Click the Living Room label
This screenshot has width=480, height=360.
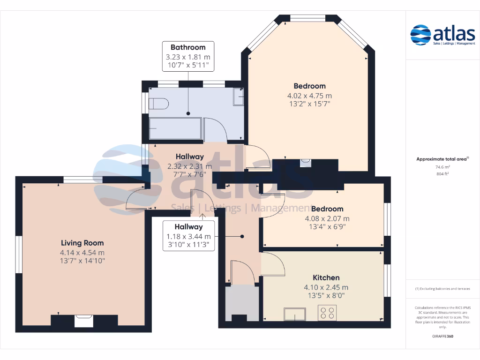pyautogui.click(x=82, y=243)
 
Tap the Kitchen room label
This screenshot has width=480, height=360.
pyautogui.click(x=326, y=277)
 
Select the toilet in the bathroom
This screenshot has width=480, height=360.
pyautogui.click(x=158, y=104)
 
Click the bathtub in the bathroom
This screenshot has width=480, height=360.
pyautogui.click(x=175, y=128)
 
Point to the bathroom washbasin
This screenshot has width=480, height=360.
pyautogui.click(x=239, y=97)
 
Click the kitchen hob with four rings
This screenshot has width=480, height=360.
pyautogui.click(x=327, y=313)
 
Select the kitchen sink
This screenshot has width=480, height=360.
pyautogui.click(x=295, y=314)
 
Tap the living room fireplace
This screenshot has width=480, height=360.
pyautogui.click(x=83, y=321)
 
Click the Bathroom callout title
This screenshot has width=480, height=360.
pyautogui.click(x=188, y=47)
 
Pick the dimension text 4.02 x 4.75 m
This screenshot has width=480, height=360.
pyautogui.click(x=309, y=96)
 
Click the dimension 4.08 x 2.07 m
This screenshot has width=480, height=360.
pyautogui.click(x=327, y=218)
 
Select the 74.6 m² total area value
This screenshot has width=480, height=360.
pyautogui.click(x=442, y=167)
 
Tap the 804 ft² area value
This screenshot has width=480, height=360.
pyautogui.click(x=442, y=174)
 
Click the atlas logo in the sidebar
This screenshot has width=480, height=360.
pyautogui.click(x=442, y=35)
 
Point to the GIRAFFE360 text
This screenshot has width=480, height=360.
pyautogui.click(x=442, y=336)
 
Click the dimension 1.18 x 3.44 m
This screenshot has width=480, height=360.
pyautogui.click(x=188, y=237)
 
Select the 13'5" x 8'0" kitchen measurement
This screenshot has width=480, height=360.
pyautogui.click(x=326, y=295)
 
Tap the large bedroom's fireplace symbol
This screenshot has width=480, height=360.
pyautogui.click(x=305, y=163)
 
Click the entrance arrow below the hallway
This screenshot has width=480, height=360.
pyautogui.click(x=202, y=217)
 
